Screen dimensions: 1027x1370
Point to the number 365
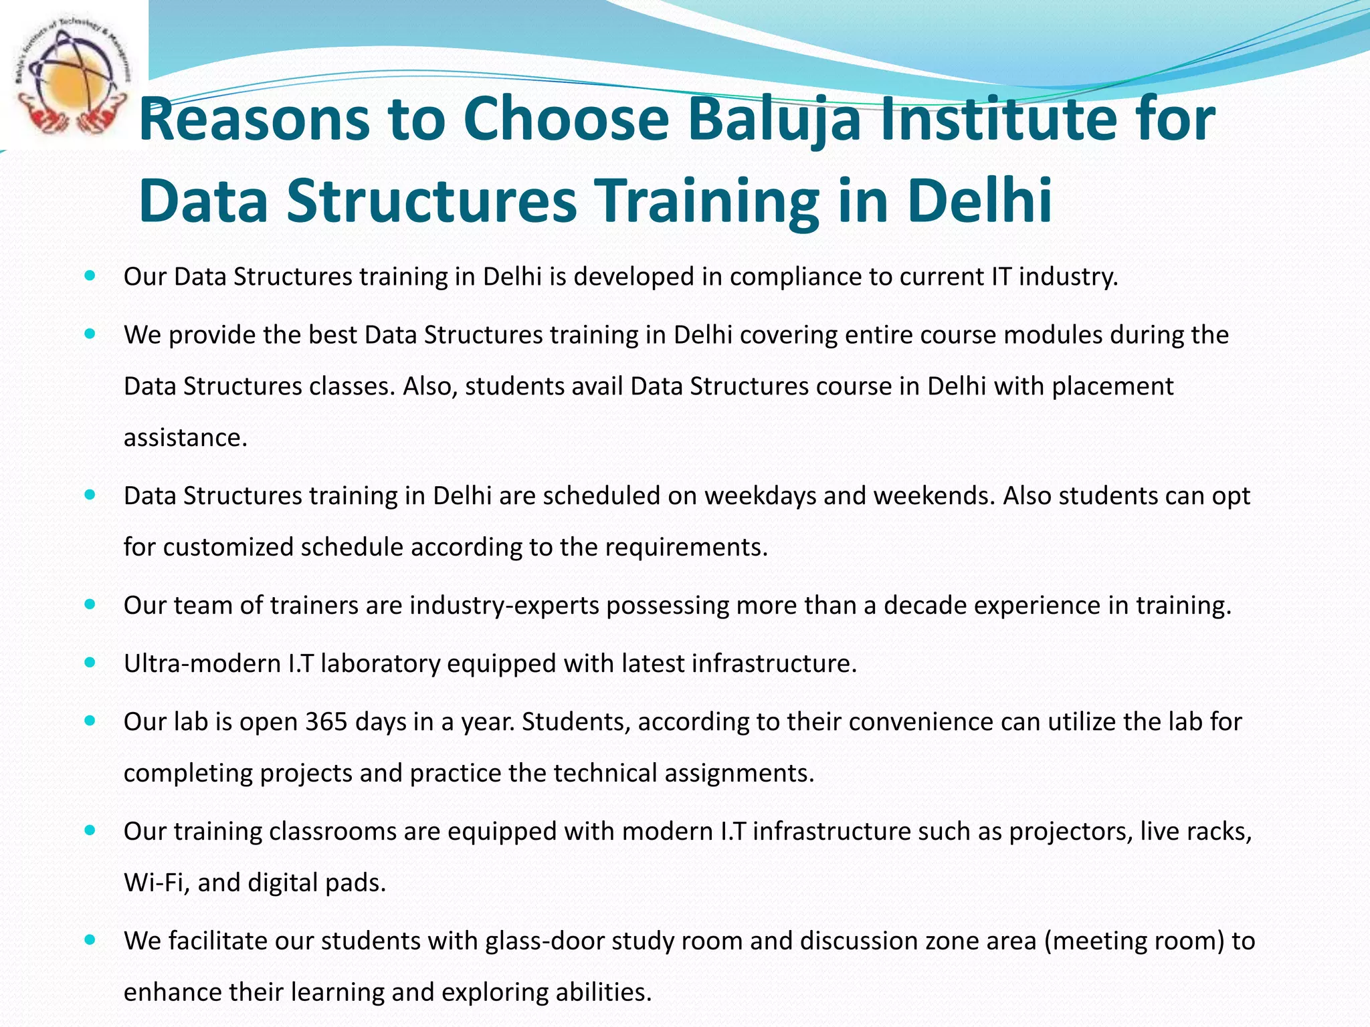[x=326, y=721]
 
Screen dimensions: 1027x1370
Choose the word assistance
[x=185, y=437]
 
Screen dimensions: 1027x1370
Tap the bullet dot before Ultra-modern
[x=90, y=663]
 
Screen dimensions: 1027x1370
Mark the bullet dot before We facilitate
[x=90, y=940]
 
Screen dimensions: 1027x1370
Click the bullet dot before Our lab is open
[x=90, y=721]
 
